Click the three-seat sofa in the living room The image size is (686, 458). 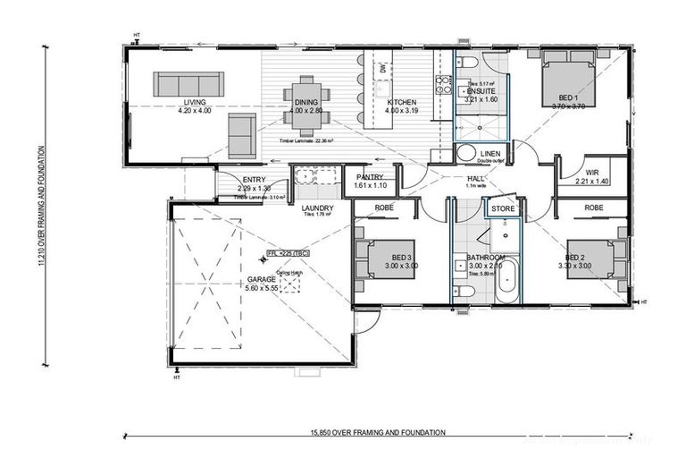pos(182,84)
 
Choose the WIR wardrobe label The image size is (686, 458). pos(591,173)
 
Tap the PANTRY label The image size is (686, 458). pos(370,177)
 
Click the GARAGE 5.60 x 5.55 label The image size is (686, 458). pos(261,284)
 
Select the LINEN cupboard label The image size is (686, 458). pos(490,154)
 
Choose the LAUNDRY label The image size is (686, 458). pos(317,208)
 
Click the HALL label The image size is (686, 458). pos(475,179)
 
